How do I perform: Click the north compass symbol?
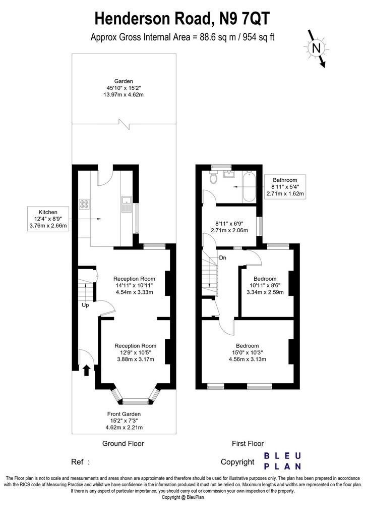pyautogui.click(x=317, y=48)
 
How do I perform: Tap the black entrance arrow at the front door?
pyautogui.click(x=86, y=370)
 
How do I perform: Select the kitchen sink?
pyautogui.click(x=127, y=204)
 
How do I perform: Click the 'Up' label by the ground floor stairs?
pyautogui.click(x=85, y=305)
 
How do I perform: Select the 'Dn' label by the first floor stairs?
pyautogui.click(x=222, y=258)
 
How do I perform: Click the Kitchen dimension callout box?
pyautogui.click(x=48, y=219)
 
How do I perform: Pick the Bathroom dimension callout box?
pyautogui.click(x=285, y=187)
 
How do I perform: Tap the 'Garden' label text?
pyautogui.click(x=124, y=81)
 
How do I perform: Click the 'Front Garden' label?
pyautogui.click(x=124, y=414)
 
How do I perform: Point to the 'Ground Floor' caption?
pyautogui.click(x=123, y=443)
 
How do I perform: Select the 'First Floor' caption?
pyautogui.click(x=248, y=443)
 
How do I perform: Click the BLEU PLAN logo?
pyautogui.click(x=283, y=461)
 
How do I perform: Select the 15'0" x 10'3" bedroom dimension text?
pyautogui.click(x=247, y=352)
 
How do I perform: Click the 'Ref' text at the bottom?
pyautogui.click(x=77, y=462)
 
